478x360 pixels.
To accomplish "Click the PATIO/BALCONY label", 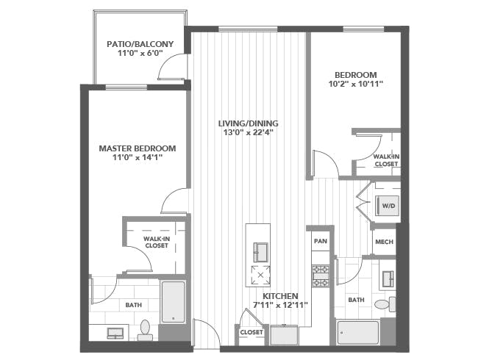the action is [x=140, y=44].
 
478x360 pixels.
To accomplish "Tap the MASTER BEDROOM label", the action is [x=138, y=148].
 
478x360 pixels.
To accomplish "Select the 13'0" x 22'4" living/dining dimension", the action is [x=248, y=132].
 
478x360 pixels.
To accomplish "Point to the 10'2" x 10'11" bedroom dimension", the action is [x=355, y=84].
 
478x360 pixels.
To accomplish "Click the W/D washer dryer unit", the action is [x=387, y=206].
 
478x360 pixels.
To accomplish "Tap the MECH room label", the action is [x=384, y=242].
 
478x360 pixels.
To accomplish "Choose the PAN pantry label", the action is [x=321, y=241].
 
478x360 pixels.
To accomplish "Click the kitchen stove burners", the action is [x=321, y=276].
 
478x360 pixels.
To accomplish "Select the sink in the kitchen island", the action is [x=260, y=252].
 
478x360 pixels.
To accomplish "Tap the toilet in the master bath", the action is [x=145, y=330].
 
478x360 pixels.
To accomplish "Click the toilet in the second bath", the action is [x=385, y=304].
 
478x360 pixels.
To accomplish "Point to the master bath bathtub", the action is [x=173, y=301].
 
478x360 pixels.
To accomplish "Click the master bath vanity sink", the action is [x=115, y=334].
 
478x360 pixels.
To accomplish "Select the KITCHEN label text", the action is [x=280, y=296].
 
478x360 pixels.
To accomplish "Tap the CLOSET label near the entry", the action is [x=252, y=332].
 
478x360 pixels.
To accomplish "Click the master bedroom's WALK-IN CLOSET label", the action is [x=157, y=242].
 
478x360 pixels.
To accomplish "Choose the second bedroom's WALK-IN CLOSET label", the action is [x=386, y=160].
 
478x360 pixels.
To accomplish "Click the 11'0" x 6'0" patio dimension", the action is [x=140, y=54].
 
